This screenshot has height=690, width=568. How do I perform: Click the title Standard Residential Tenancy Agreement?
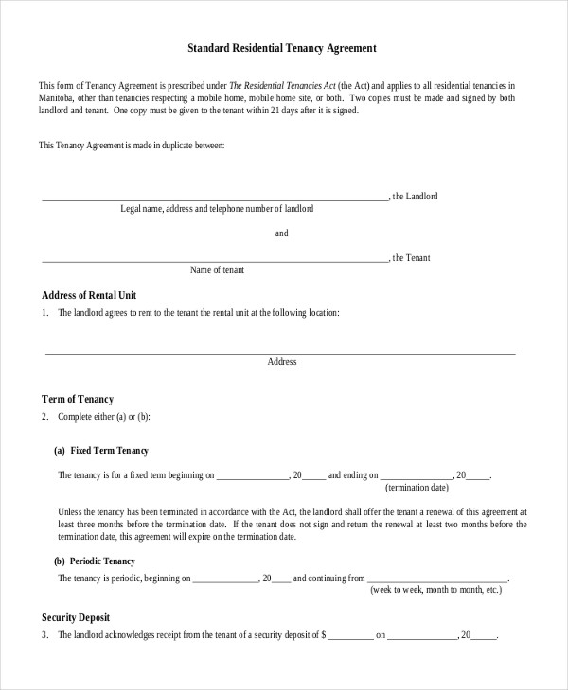(x=283, y=46)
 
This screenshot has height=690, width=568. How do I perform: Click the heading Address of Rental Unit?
(x=82, y=294)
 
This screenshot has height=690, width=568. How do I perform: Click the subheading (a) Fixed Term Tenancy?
(x=101, y=451)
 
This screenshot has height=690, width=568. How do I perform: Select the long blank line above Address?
(x=281, y=353)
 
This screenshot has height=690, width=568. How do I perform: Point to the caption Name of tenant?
(x=217, y=270)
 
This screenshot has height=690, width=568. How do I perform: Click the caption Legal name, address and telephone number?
(x=217, y=209)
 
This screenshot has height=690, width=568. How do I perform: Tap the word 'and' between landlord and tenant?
(x=282, y=233)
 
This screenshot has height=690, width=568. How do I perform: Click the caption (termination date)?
(x=417, y=487)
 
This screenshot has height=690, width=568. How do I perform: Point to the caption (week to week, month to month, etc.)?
(x=435, y=589)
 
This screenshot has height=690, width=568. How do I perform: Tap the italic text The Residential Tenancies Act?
(x=266, y=85)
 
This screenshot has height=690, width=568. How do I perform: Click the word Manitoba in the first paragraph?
(x=58, y=97)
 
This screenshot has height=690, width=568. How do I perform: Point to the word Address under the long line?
(x=282, y=362)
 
